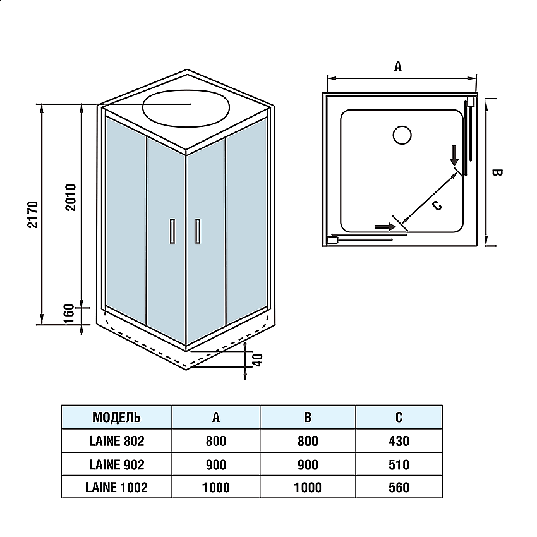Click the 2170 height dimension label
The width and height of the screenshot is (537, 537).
tap(33, 215)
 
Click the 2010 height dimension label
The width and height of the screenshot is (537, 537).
tap(71, 197)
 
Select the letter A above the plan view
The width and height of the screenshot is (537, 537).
tap(398, 66)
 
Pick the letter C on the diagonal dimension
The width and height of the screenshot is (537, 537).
tap(437, 204)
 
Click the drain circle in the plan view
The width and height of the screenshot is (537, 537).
tap(402, 135)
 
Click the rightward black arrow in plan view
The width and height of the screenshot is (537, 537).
tap(382, 226)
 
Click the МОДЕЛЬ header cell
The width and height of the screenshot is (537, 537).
tap(116, 418)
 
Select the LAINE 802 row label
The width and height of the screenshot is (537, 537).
tap(116, 441)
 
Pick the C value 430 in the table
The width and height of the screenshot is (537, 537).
tap(399, 441)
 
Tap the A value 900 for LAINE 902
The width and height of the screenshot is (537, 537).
tap(216, 464)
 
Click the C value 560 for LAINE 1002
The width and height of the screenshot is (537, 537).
tap(399, 487)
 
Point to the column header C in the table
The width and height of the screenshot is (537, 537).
tap(399, 418)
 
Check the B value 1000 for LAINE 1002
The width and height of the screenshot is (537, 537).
tap(308, 487)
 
